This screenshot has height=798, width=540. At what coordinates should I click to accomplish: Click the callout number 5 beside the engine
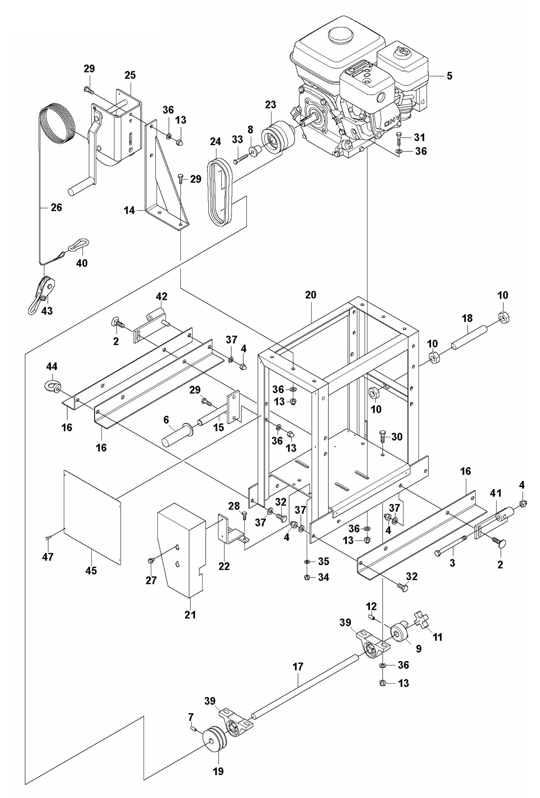[x=449, y=76]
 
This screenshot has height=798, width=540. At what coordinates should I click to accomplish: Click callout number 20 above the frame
[x=311, y=295]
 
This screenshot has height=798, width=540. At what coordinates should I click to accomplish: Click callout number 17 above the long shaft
[x=298, y=667]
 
